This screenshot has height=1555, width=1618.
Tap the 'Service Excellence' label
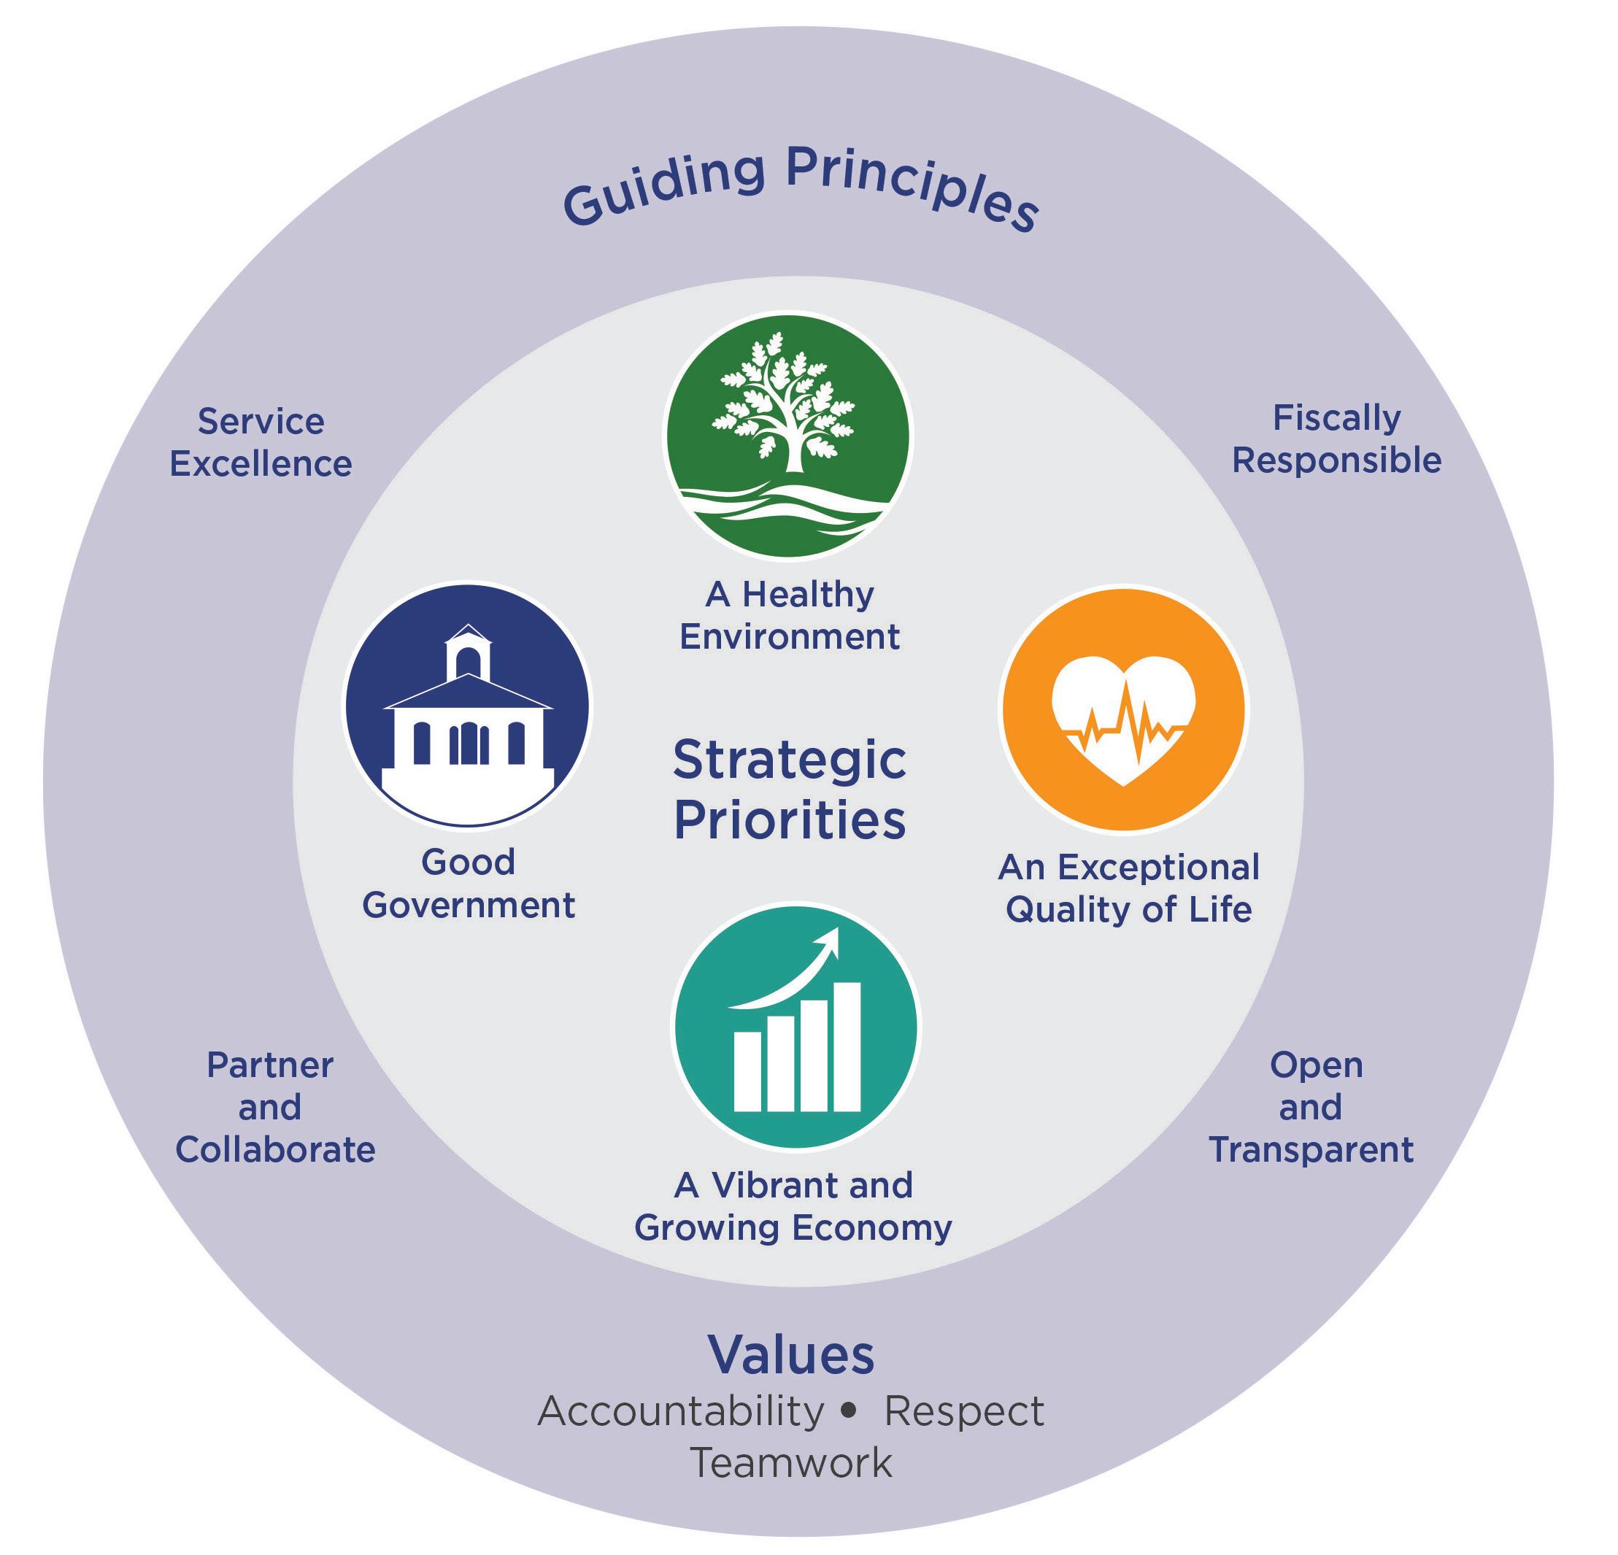pos(261,443)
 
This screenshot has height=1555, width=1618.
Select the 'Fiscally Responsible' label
pos(1336,439)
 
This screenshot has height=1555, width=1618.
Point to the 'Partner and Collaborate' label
pos(275,1107)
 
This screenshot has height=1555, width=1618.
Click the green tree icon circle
pos(788,435)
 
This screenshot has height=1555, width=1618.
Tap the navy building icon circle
pos(467,706)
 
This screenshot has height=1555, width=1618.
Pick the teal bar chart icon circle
pos(795,1027)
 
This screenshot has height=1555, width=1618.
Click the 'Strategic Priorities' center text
pos(790,790)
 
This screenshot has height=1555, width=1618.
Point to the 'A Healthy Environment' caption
pos(790,616)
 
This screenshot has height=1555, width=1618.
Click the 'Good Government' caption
pos(468,884)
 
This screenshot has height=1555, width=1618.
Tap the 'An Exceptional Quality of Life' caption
pos(1128,888)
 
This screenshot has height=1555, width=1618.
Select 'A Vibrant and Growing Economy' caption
pos(793,1207)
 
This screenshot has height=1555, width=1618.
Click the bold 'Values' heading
pos(791,1354)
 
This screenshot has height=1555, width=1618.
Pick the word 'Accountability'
pos(680,1411)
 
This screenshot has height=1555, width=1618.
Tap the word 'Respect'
pos(964,1411)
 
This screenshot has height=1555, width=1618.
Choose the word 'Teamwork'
pos(791,1462)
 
